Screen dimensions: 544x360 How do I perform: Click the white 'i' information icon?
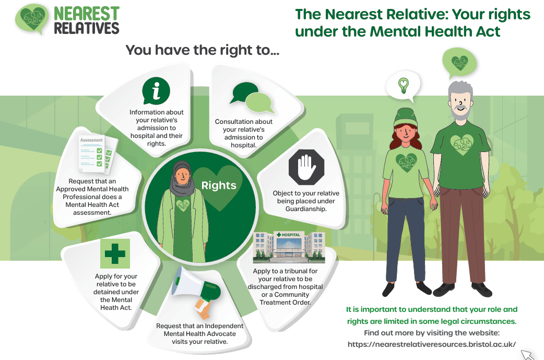(x=156, y=90)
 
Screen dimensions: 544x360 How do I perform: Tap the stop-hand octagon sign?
(x=306, y=167)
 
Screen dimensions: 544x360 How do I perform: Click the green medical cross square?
(x=115, y=253)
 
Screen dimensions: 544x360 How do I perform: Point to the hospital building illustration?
(x=289, y=247)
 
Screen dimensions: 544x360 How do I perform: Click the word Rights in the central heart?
(x=219, y=185)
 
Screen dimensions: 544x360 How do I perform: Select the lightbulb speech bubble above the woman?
(x=403, y=86)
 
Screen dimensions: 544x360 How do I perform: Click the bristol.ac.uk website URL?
(x=432, y=344)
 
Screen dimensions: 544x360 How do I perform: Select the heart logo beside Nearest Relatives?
(x=32, y=19)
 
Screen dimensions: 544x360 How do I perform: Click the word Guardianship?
(x=306, y=209)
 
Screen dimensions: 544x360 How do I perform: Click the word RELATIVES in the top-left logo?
(x=87, y=28)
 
